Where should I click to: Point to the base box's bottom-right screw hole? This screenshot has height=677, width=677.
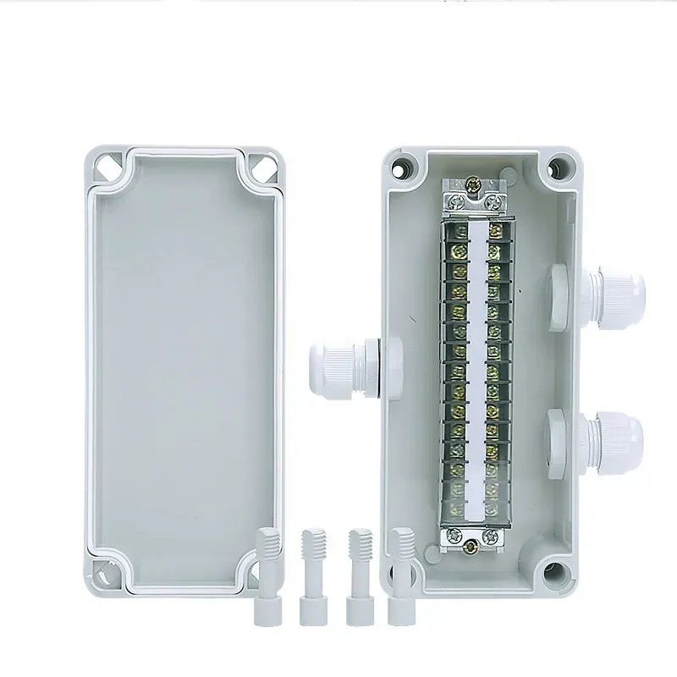[555, 570]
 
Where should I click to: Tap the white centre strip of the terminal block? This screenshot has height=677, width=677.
[476, 364]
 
